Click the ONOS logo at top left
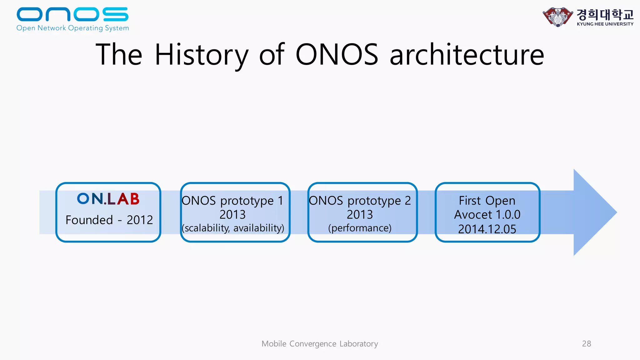point(72,14)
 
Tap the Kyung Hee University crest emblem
point(557,17)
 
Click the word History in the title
point(202,55)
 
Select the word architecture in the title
point(467,55)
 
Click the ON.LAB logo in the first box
point(108,199)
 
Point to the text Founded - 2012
point(109,220)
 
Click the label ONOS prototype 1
point(232,201)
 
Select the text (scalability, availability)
point(233,228)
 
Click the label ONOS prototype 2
point(360,201)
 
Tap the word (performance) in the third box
point(360,228)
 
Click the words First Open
point(487,201)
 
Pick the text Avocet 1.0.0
point(487,215)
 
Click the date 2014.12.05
point(487,229)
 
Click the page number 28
point(586,344)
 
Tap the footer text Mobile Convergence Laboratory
point(320,344)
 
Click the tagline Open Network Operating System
point(72,28)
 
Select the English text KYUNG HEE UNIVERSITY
point(605,24)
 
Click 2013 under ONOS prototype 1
point(232,215)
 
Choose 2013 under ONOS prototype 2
point(360,215)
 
